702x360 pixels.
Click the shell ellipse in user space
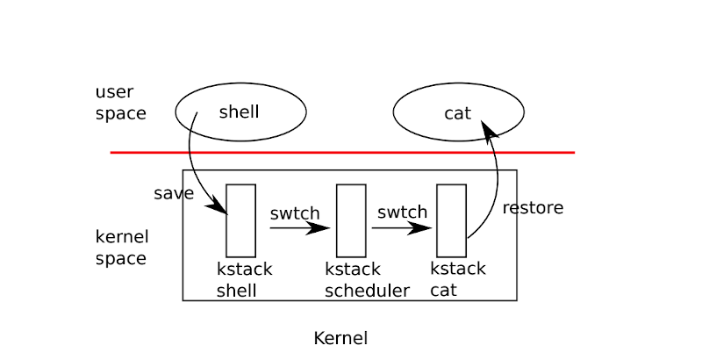click(x=240, y=112)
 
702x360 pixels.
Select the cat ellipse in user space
click(x=458, y=112)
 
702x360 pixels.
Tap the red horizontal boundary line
click(x=342, y=153)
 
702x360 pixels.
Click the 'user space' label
click(x=120, y=103)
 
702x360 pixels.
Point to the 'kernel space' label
click(x=121, y=248)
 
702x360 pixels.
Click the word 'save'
click(x=173, y=194)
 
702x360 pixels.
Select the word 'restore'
click(x=533, y=208)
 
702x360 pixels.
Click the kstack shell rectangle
click(x=240, y=220)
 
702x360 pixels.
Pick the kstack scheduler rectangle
click(x=351, y=220)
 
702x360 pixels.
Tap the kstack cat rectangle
click(x=451, y=220)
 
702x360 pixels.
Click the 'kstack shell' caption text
click(x=244, y=280)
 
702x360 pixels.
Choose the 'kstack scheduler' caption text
click(x=367, y=280)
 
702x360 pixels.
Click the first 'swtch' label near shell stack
click(x=295, y=213)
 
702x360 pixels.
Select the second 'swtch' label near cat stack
click(x=403, y=212)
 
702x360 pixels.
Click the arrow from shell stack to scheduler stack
click(x=298, y=228)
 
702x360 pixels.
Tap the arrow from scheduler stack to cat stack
click(x=402, y=228)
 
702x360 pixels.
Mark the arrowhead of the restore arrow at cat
click(x=488, y=130)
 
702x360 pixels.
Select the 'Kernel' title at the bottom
click(x=340, y=338)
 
